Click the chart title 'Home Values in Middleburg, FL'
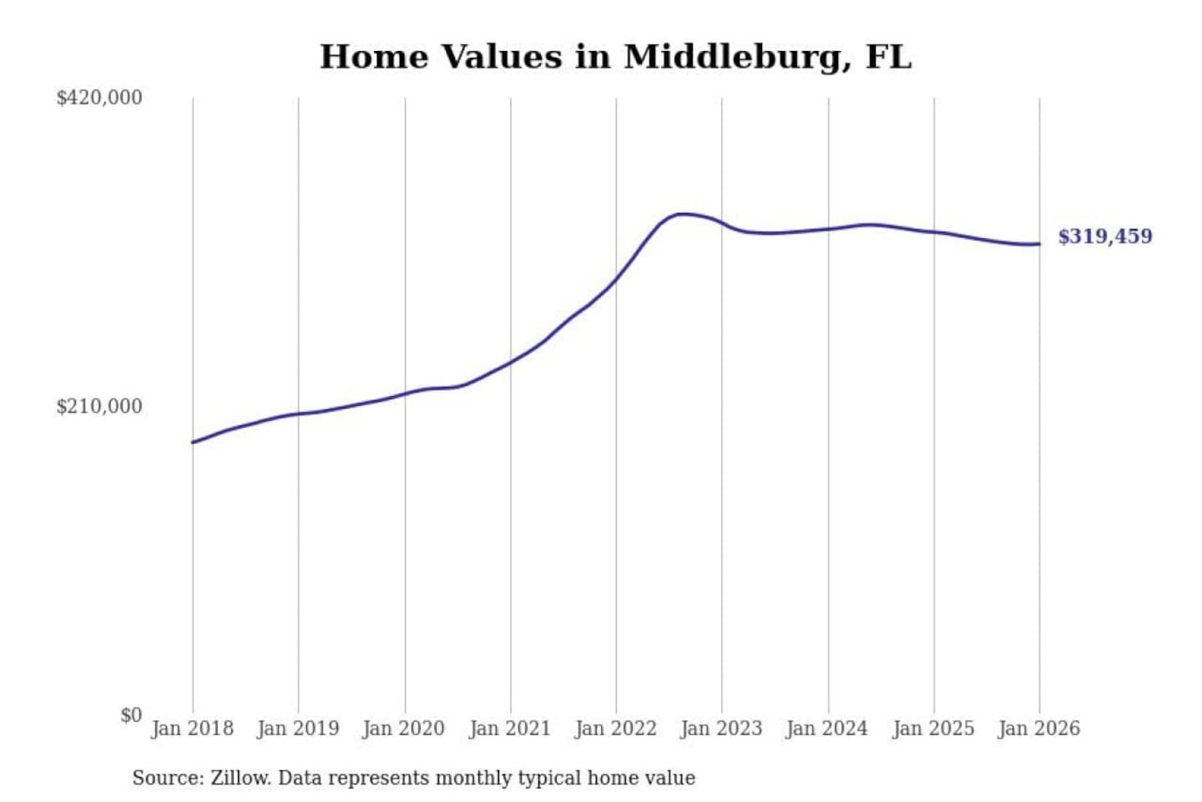pos(615,57)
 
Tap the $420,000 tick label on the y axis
pos(99,98)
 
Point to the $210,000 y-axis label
pos(99,407)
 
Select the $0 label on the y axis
pos(131,715)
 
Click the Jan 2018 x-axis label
pos(193,728)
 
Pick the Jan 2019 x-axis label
pos(298,728)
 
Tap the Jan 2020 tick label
pos(404,728)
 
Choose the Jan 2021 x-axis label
pos(510,728)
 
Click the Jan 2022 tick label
pos(616,728)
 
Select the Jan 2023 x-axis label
pos(721,728)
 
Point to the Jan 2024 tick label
pos(827,728)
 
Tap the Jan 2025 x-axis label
pos(933,728)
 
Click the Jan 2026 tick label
pos(1039,728)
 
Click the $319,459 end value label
pos(1105,236)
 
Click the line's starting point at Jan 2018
pos(193,442)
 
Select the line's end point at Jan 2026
pos(1039,244)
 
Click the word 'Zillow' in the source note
pos(240,778)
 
